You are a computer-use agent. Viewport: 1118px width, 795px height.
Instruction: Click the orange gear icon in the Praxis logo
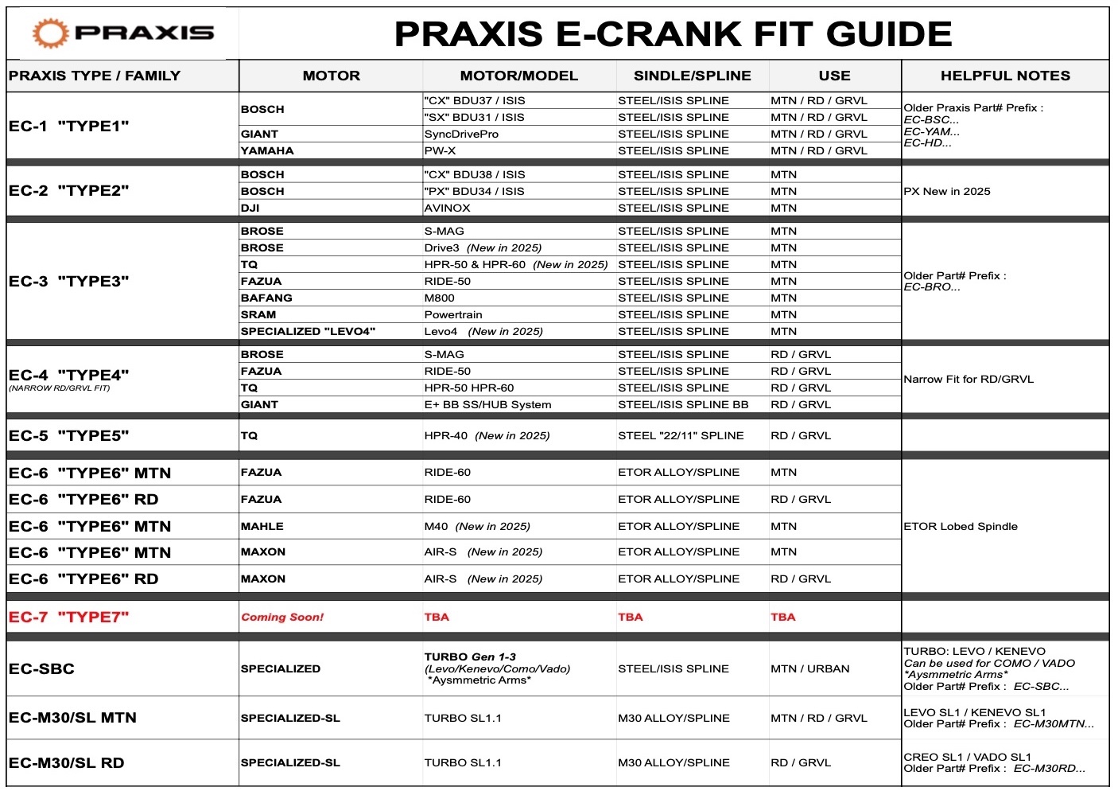50,33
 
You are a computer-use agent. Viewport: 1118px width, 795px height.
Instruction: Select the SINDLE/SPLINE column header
692,76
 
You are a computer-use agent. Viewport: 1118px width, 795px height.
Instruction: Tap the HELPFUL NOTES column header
1005,76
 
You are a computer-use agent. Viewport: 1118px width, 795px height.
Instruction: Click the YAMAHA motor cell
267,150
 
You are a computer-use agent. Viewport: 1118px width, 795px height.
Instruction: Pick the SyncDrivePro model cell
461,134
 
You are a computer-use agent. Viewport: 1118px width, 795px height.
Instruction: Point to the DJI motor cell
251,208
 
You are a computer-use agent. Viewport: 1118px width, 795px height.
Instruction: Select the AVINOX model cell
447,208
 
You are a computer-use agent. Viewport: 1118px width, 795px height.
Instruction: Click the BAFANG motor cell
266,298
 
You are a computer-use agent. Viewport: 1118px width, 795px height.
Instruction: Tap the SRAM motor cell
258,314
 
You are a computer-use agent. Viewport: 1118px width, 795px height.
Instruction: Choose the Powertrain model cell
453,314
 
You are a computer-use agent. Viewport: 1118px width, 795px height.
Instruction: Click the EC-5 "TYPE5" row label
68,435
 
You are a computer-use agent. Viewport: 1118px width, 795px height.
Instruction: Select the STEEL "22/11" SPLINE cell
681,435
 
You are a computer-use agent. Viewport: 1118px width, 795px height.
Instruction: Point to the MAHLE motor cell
262,526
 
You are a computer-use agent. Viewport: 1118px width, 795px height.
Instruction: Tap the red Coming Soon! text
282,617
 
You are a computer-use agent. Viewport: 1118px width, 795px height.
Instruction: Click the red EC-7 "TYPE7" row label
68,617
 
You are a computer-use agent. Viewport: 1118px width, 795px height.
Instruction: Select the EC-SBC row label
41,668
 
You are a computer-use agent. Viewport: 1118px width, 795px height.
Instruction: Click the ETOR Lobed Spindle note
961,526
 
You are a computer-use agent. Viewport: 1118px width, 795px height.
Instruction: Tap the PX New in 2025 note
947,191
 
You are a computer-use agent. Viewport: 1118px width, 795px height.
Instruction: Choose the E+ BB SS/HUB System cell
487,404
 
